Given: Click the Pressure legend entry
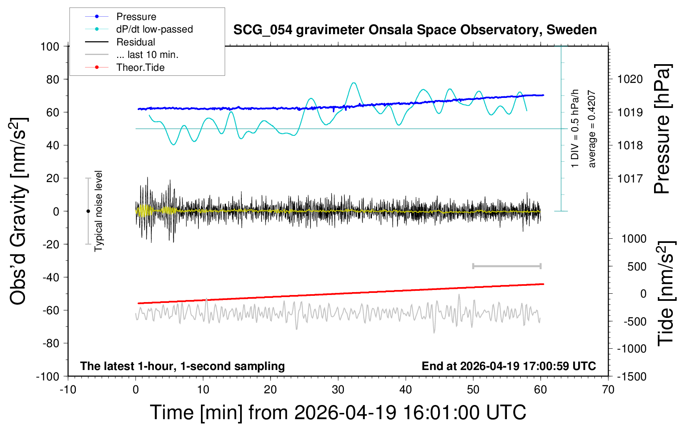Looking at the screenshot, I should [x=136, y=17].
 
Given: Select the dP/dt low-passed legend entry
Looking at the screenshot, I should [x=154, y=29].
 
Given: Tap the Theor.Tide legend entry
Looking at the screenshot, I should [x=140, y=67].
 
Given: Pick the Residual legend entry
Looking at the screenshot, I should [x=135, y=42].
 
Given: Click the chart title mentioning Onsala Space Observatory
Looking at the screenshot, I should [x=415, y=30].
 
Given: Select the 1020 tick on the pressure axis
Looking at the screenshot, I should [x=630, y=79].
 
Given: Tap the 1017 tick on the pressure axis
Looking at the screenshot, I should [x=630, y=178].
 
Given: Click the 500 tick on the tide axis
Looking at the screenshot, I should [x=637, y=267].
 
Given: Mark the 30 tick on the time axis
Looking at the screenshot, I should [x=338, y=390].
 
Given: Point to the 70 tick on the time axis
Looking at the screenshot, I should [x=608, y=390].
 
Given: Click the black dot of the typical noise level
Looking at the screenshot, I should [x=88, y=211].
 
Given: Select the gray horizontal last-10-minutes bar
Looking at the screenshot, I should [x=506, y=266].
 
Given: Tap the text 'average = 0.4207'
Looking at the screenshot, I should [x=592, y=129].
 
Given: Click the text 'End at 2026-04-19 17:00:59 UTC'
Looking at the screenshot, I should [x=509, y=366].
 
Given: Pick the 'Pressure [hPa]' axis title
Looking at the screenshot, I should [x=662, y=129].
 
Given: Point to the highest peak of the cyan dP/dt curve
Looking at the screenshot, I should [x=354, y=82].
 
